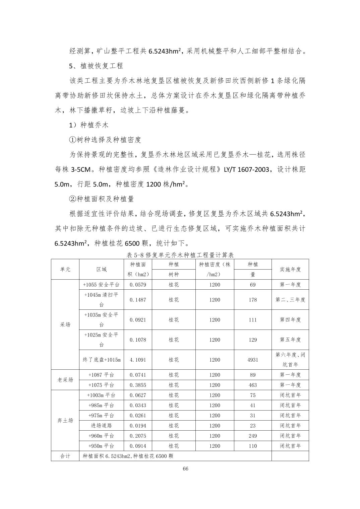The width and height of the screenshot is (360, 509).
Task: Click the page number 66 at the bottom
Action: (185, 468)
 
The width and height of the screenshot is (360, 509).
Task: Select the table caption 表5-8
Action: (180, 255)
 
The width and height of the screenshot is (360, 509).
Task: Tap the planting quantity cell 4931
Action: (252, 360)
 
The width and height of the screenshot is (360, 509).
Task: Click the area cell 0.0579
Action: (138, 285)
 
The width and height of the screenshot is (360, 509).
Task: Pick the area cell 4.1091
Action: (138, 360)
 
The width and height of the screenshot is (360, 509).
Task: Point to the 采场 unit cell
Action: (65, 324)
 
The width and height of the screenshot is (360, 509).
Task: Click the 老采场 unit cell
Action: (65, 380)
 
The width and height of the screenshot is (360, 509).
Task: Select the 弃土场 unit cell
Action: (65, 421)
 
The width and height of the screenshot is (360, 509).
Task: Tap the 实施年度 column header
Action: (290, 269)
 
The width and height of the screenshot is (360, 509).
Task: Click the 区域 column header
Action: (102, 269)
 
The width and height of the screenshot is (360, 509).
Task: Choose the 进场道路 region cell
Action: (102, 426)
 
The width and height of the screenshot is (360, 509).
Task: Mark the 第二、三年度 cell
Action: (290, 300)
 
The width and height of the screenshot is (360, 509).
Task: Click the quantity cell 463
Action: (252, 385)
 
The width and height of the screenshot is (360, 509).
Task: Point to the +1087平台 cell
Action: (102, 375)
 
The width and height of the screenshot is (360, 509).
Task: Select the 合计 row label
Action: (65, 456)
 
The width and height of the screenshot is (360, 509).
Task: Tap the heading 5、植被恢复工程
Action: (96, 66)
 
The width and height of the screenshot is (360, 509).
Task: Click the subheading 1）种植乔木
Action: (89, 125)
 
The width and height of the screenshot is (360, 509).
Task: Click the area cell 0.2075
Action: (138, 436)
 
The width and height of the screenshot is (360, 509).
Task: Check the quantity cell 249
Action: (252, 436)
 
